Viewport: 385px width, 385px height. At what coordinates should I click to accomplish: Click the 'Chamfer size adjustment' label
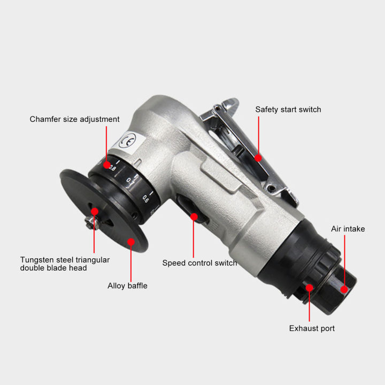coord(74,119)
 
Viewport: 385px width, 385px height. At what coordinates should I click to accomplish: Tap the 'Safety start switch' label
coord(288,110)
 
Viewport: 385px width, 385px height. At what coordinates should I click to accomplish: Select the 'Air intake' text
coord(348,229)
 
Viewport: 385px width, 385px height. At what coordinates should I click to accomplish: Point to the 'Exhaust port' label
coord(312,328)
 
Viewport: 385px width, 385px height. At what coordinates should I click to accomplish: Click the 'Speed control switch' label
coord(199,263)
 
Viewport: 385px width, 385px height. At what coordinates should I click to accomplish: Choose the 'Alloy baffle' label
coord(127,286)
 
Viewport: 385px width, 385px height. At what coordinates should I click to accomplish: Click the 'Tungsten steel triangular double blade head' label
coord(65,264)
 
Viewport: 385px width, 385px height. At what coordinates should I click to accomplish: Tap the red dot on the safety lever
coord(258,158)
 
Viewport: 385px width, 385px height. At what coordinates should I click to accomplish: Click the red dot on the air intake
coord(344,289)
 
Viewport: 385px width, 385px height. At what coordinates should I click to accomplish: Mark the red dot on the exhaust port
coord(309,288)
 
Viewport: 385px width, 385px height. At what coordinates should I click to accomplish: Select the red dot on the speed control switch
coord(194,217)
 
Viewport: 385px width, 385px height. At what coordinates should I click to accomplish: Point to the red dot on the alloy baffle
coord(130,242)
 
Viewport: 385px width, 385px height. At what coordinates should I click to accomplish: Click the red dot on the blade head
coord(94,211)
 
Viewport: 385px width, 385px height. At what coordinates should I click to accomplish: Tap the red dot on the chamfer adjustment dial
coord(107,164)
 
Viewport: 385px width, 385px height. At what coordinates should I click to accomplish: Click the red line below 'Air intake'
coord(344,262)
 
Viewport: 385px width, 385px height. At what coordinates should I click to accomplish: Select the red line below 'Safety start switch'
coord(258,136)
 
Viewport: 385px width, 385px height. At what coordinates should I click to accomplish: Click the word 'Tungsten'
coord(37,260)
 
